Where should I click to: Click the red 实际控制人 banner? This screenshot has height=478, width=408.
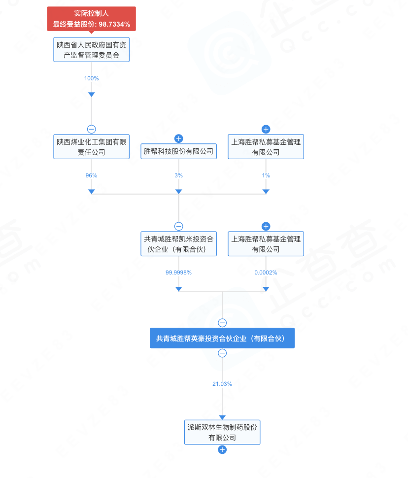pyautogui.click(x=91, y=19)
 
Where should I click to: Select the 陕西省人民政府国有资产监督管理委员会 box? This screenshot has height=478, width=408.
pyautogui.click(x=91, y=50)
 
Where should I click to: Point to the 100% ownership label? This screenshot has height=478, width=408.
pyautogui.click(x=91, y=78)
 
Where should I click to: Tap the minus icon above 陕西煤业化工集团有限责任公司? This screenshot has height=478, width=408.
pyautogui.click(x=91, y=129)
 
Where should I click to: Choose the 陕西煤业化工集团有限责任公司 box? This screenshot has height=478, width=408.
pyautogui.click(x=91, y=147)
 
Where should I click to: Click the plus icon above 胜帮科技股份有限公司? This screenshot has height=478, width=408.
pyautogui.click(x=179, y=138)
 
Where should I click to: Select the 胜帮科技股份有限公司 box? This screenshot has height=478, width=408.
pyautogui.click(x=179, y=151)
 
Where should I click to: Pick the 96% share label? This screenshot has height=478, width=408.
pyautogui.click(x=91, y=175)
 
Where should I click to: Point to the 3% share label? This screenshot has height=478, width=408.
pyautogui.click(x=179, y=175)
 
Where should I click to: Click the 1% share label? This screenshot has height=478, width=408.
pyautogui.click(x=266, y=175)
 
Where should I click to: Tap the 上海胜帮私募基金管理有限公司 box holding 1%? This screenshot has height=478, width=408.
pyautogui.click(x=266, y=147)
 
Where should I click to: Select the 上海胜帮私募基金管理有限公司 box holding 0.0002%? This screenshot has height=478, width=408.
pyautogui.click(x=266, y=244)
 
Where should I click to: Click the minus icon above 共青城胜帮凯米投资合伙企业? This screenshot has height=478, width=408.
pyautogui.click(x=179, y=226)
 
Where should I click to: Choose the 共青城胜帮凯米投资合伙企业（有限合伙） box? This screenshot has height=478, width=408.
pyautogui.click(x=179, y=244)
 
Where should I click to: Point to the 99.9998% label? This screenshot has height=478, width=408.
pyautogui.click(x=179, y=273)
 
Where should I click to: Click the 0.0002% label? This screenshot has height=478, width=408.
pyautogui.click(x=266, y=273)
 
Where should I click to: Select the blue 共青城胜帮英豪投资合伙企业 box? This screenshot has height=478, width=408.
pyautogui.click(x=222, y=339)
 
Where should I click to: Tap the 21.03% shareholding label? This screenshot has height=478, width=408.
pyautogui.click(x=222, y=384)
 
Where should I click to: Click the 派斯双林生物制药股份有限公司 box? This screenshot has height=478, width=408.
pyautogui.click(x=222, y=432)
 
